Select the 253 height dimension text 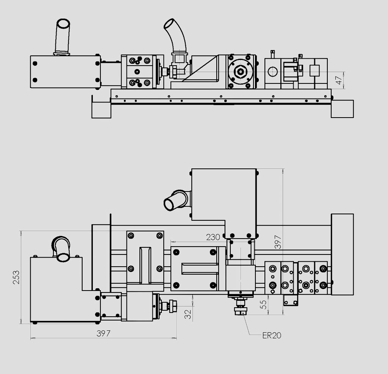[x=16, y=277]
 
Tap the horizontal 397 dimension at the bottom [x=103, y=333]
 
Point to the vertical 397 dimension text [x=278, y=242]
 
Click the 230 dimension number [x=213, y=237]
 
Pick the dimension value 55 [x=264, y=305]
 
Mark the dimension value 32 [x=188, y=314]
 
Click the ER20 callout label [x=272, y=336]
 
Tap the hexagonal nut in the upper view [x=241, y=72]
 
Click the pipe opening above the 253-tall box [x=63, y=256]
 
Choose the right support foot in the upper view [x=342, y=109]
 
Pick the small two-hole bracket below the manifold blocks [x=291, y=301]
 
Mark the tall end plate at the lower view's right [x=342, y=255]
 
